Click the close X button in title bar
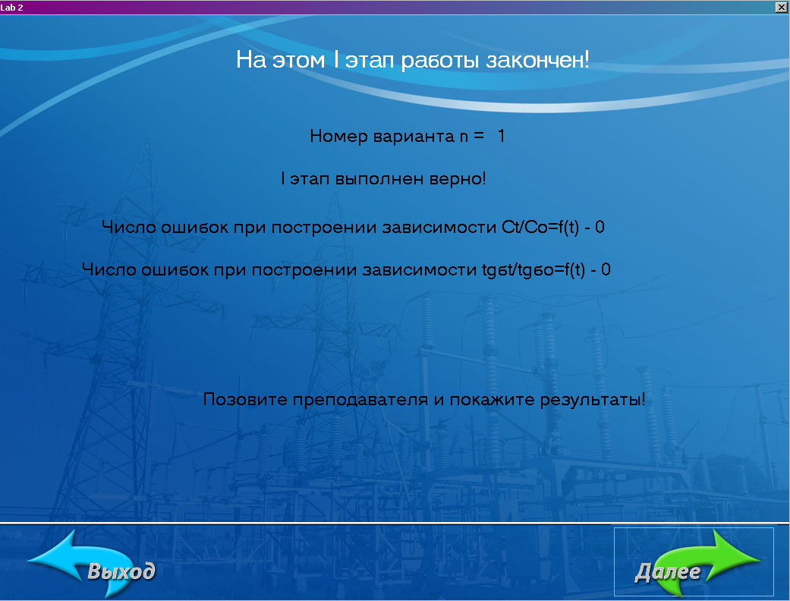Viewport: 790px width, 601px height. coord(782,7)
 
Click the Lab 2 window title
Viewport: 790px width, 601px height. coord(11,8)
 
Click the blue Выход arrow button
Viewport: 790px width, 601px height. coord(92,563)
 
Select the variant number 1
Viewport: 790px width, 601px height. coord(501,136)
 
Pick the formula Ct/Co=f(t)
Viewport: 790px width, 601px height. coord(540,227)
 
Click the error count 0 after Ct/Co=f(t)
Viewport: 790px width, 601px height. coord(600,227)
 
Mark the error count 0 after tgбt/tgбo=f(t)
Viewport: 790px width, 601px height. coord(606,269)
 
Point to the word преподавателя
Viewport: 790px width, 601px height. coord(360,400)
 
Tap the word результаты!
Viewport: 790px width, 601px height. coord(593,400)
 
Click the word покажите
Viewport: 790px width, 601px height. coord(492,399)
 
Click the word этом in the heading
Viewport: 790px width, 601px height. coord(299,61)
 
